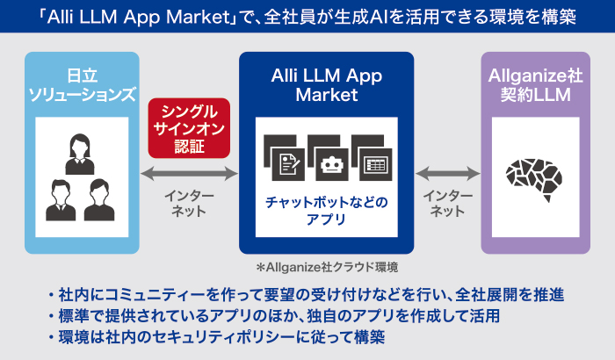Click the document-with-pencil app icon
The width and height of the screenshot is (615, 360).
point(287,162)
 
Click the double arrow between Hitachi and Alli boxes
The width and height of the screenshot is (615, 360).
point(189,172)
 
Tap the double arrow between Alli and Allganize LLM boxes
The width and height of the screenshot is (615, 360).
point(447,172)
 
